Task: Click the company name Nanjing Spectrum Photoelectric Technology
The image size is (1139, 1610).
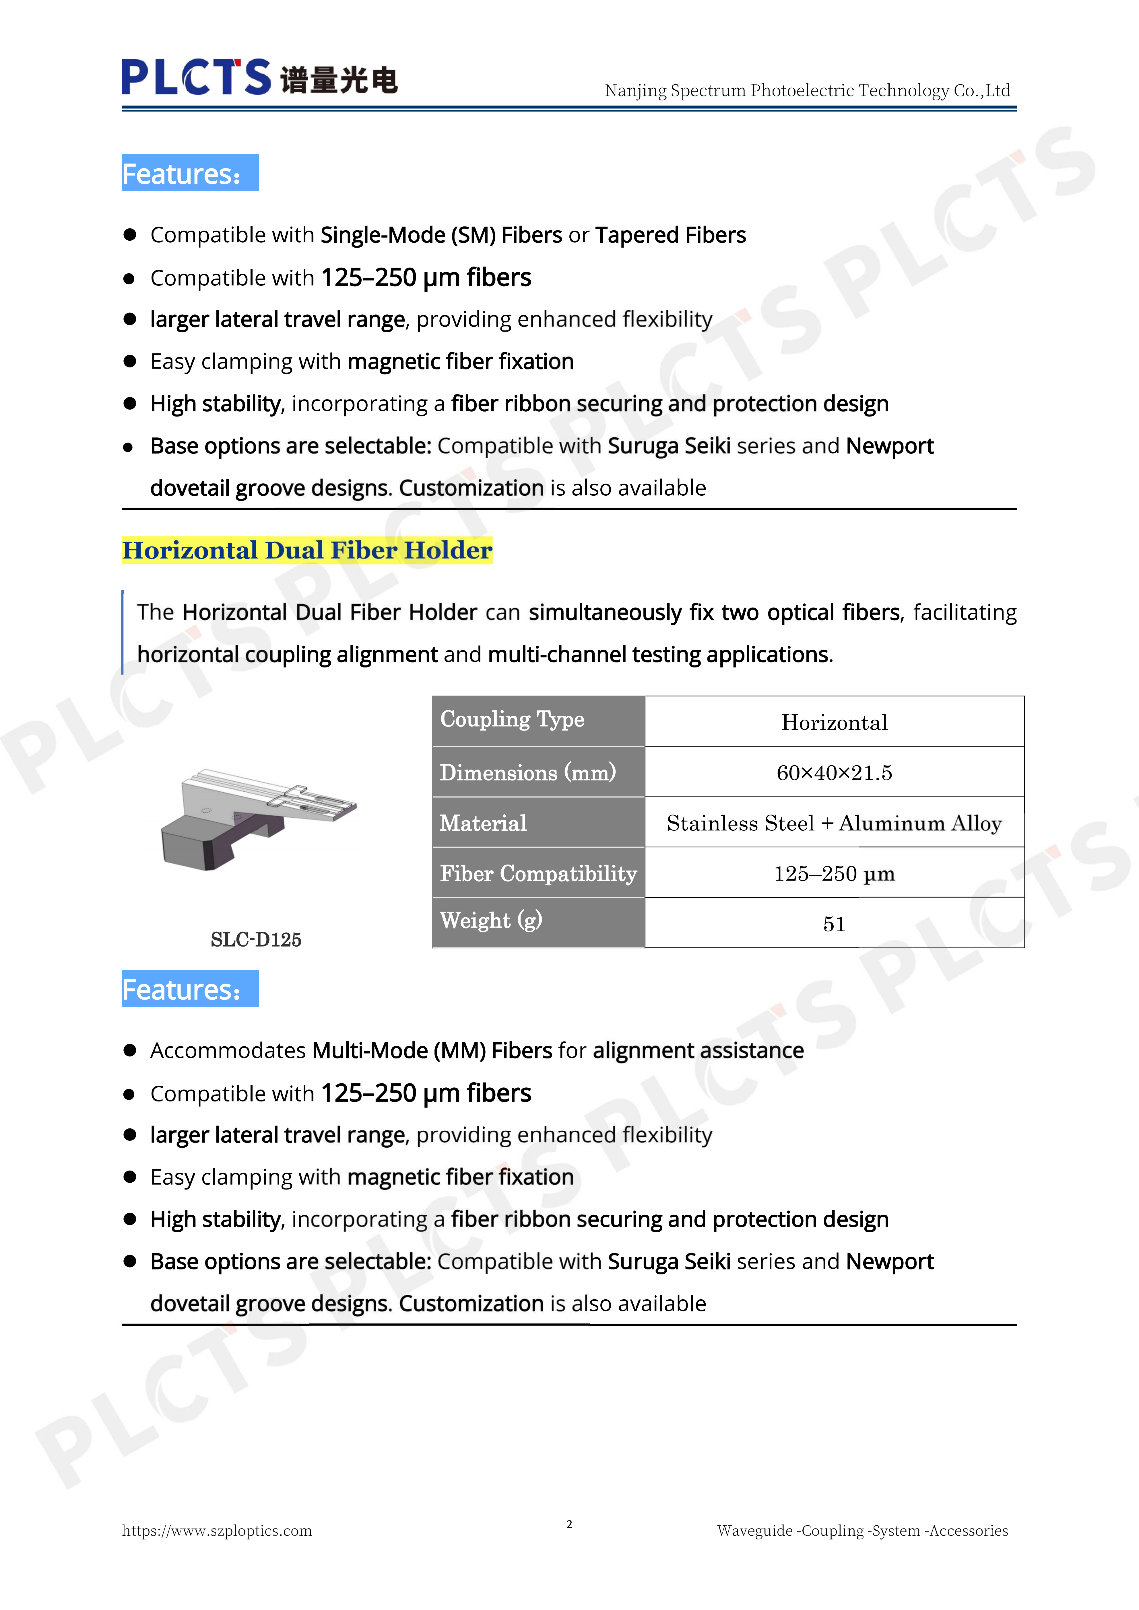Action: click(x=807, y=90)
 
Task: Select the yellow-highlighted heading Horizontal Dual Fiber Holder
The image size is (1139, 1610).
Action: click(x=307, y=550)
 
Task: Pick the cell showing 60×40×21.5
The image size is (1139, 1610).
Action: click(x=834, y=773)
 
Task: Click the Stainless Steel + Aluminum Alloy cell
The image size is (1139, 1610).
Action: click(x=834, y=823)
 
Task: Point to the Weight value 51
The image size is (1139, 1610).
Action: click(x=834, y=924)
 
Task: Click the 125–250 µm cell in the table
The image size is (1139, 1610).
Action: click(x=834, y=874)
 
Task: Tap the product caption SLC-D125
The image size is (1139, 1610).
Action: click(x=256, y=940)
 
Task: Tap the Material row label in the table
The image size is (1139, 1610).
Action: click(x=483, y=823)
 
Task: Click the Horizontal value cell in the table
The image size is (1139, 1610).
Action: click(x=834, y=722)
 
